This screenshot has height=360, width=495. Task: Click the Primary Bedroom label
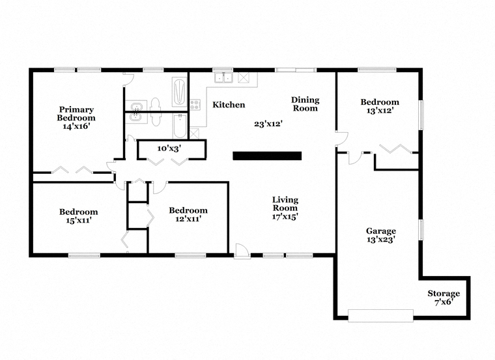coord(76,113)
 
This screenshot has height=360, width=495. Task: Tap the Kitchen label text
coord(229,105)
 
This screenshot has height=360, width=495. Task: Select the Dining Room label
coord(305,104)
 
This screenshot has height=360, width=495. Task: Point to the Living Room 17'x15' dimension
coord(285,216)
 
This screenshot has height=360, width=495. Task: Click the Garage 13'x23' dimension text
coord(381,240)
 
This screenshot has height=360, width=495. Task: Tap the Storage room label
coord(444,294)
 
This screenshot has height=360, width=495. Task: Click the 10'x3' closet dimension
coord(169,148)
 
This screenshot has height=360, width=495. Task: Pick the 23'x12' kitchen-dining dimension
coord(268,124)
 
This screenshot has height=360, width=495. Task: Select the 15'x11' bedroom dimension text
coord(79,220)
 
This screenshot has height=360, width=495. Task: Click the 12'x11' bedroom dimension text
coord(188,218)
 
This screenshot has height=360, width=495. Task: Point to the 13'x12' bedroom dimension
coord(380,111)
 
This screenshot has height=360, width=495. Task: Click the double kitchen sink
coord(223,77)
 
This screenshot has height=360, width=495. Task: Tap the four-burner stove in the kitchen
coord(195,105)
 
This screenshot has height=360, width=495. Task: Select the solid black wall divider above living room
coord(267,156)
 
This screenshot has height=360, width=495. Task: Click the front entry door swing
coord(242,251)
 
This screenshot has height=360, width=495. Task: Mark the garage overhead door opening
coord(380,316)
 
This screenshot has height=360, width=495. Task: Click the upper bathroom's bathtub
coord(180,92)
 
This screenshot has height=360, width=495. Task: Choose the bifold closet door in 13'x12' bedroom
coord(395,148)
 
